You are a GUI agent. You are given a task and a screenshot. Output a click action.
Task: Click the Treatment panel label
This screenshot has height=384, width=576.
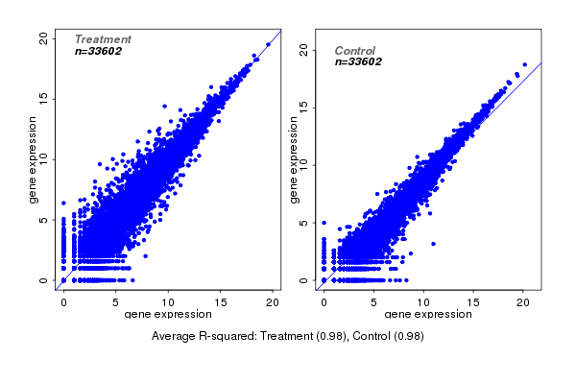click(x=103, y=39)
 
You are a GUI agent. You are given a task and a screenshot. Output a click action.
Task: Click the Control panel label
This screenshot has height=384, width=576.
click(x=355, y=50)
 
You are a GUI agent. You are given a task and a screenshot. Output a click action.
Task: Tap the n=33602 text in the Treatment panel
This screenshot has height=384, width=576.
click(x=98, y=51)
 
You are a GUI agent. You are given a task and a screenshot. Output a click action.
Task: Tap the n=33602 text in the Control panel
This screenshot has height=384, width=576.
click(x=358, y=61)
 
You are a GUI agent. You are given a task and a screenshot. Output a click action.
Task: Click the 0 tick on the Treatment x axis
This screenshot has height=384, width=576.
click(x=63, y=301)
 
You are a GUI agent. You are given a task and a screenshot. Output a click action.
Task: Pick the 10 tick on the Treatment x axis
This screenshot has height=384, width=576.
click(x=168, y=301)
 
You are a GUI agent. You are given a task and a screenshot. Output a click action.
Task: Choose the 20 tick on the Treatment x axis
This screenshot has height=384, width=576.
click(x=273, y=301)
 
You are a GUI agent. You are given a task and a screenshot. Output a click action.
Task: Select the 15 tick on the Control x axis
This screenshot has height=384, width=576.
click(x=472, y=301)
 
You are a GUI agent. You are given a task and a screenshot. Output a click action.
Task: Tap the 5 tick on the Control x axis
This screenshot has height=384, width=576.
click(x=373, y=301)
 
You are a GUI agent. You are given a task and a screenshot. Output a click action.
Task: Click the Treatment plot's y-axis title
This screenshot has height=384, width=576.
click(x=34, y=159)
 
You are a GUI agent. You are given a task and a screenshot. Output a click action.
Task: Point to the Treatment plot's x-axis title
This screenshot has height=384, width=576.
click(x=168, y=314)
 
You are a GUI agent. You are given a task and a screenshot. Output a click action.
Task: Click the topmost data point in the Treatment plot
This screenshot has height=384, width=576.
click(x=268, y=44)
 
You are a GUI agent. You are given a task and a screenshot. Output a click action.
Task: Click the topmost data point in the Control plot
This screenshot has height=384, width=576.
click(x=524, y=64)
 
